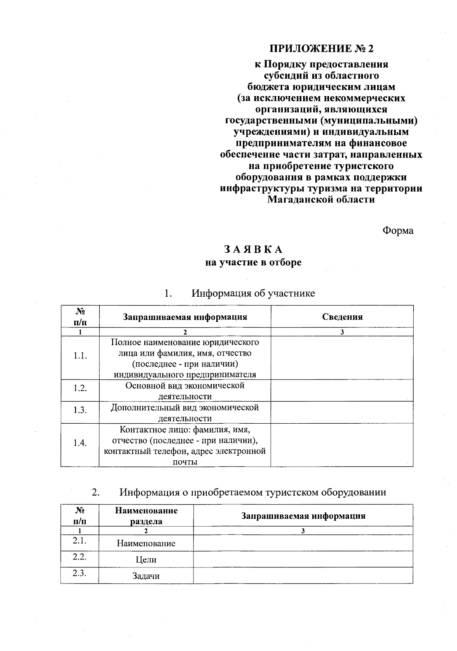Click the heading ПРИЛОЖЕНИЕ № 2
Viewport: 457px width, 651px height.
tap(321, 49)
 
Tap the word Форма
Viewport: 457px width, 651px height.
tap(398, 231)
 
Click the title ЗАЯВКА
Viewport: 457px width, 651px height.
tap(253, 249)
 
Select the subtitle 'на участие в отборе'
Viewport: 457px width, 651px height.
tap(253, 262)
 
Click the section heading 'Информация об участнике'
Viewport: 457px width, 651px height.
tap(253, 293)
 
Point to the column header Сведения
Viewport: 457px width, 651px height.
tap(342, 317)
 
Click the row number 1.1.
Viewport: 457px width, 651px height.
tap(80, 356)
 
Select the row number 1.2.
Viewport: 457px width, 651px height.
tap(80, 388)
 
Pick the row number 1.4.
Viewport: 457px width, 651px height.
tap(80, 443)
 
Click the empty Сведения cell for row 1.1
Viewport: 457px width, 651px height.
tap(342, 357)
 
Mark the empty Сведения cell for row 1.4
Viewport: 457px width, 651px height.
tap(342, 445)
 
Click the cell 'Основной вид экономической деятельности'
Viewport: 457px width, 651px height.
tap(185, 391)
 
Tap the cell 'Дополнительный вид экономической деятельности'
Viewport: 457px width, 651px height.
tap(185, 413)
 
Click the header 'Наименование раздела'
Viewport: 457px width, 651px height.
tap(146, 516)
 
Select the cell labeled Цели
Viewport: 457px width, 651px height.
tap(146, 560)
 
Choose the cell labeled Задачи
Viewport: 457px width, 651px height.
tap(146, 576)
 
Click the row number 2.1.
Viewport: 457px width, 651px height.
tap(80, 540)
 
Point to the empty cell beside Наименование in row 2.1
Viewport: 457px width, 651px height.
tap(303, 543)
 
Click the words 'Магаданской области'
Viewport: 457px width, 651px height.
tap(321, 199)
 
